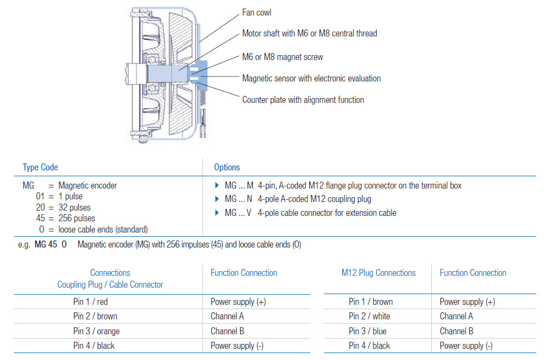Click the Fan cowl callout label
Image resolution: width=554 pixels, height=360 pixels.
[258, 12]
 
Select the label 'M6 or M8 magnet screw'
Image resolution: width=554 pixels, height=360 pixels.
[282, 57]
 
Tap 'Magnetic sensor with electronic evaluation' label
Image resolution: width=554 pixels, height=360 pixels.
[311, 78]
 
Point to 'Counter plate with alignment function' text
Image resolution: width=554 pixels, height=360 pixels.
[303, 100]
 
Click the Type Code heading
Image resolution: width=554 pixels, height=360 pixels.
[40, 167]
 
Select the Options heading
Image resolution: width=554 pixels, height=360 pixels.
[227, 167]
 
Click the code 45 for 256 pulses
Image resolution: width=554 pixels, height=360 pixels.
[41, 219]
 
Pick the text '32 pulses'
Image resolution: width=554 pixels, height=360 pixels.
[74, 207]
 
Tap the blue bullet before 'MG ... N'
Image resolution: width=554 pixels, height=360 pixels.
[217, 199]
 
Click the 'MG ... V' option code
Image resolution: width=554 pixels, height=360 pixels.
[238, 213]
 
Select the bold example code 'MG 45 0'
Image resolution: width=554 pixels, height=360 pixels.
[51, 245]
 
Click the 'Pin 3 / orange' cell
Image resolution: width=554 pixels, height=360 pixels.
[96, 331]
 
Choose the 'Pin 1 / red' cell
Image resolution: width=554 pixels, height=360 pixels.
[91, 302]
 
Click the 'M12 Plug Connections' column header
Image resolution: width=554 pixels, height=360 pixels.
[378, 273]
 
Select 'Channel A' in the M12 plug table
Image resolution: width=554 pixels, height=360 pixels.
[456, 317]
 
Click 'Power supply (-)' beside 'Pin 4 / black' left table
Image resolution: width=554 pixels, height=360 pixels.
[237, 346]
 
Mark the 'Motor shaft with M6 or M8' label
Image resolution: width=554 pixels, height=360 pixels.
[309, 33]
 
